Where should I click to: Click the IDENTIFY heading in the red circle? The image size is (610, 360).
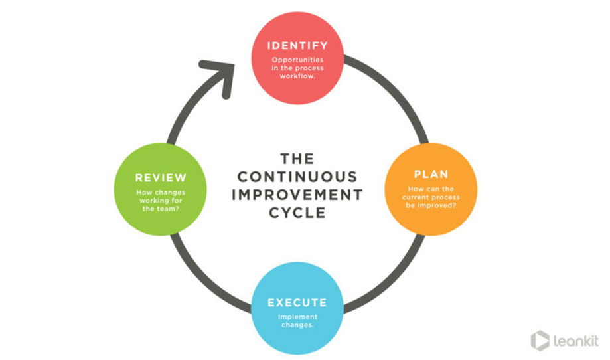pos(297,46)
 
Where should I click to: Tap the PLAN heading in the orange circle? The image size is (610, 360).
pos(431,175)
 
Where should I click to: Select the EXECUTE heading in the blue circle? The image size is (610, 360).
pos(297,303)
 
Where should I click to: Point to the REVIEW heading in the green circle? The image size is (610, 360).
pos(161,178)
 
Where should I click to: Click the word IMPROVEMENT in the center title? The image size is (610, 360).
pos(297,195)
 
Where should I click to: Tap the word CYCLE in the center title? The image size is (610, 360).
pos(297,213)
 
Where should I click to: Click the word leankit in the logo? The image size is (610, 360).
pos(576,341)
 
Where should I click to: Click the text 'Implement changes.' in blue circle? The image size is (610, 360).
pos(297,321)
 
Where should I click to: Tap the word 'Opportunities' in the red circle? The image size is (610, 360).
pos(297,60)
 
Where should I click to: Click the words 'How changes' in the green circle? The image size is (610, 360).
pos(161,193)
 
